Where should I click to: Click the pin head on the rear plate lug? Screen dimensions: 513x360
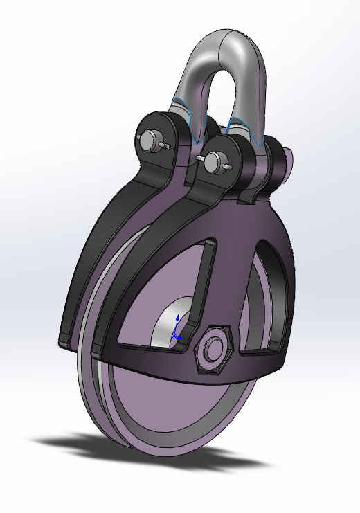click(x=150, y=140)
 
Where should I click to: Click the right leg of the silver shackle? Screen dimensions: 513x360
click(x=249, y=90)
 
